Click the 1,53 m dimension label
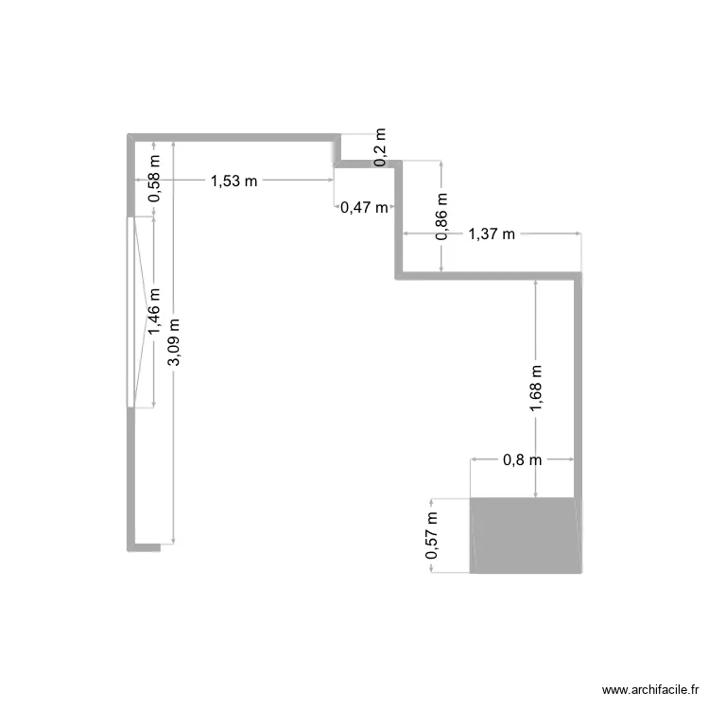[233, 181]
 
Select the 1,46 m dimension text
[154, 312]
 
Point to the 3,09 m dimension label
[173, 348]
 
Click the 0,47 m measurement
[364, 208]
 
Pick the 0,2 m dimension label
[380, 148]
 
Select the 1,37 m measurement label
[492, 234]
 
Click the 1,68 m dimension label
[536, 389]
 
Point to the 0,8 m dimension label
[522, 460]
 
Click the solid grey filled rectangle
[526, 535]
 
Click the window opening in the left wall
[131, 312]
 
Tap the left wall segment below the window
[131, 477]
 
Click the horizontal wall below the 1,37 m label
[487, 274]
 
